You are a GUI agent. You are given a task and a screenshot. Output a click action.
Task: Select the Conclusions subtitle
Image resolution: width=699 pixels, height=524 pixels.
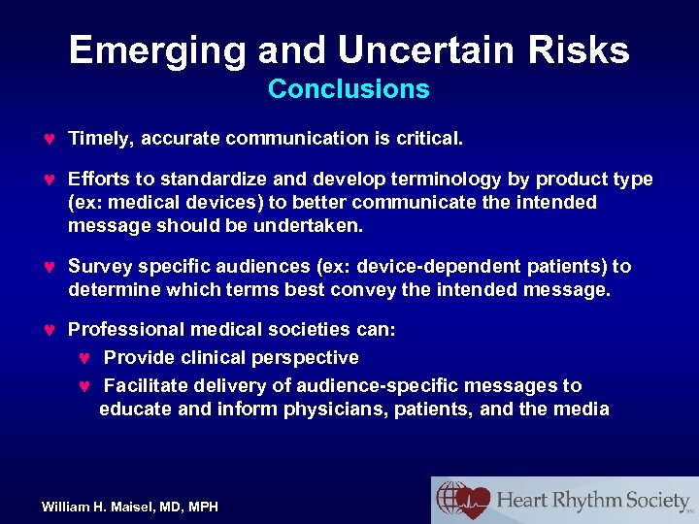coord(349,89)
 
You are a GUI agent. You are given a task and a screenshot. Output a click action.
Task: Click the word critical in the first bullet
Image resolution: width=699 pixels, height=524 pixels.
coord(427,139)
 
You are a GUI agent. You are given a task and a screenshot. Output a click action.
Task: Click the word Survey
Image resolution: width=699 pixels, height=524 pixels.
coord(100,267)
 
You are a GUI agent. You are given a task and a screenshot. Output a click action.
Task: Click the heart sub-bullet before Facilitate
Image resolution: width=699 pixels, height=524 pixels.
coord(83,386)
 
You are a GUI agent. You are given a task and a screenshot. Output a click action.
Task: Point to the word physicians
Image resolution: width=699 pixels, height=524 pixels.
coord(337,409)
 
